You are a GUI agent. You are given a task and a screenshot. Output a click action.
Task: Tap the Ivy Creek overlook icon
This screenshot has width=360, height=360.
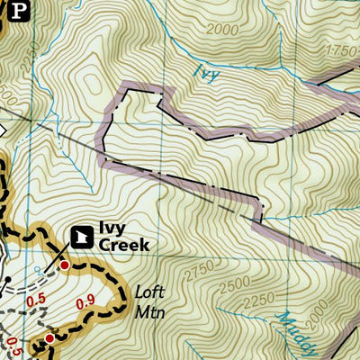click(x=81, y=237)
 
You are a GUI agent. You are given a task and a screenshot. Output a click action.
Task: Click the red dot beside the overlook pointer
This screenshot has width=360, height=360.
click(x=64, y=265)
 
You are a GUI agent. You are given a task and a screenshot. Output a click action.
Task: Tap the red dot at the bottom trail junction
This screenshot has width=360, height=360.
click(x=49, y=338)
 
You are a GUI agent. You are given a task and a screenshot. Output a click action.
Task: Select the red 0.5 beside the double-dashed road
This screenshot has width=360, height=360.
click(x=37, y=301)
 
